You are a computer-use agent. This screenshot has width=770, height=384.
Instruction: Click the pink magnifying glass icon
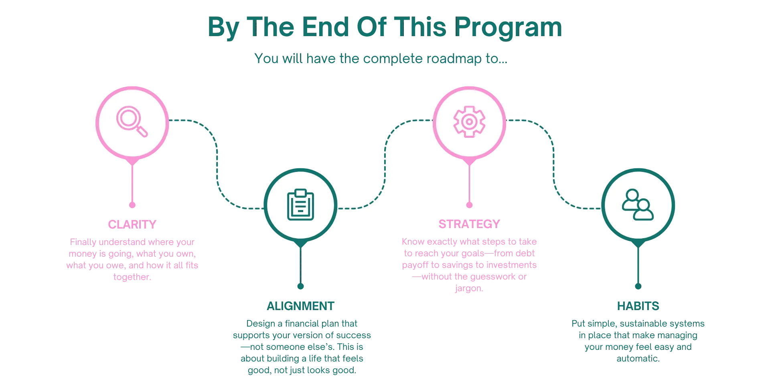(132, 121)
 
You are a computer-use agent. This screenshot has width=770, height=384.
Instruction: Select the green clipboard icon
(300, 205)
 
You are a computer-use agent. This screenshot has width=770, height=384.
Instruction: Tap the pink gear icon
(469, 121)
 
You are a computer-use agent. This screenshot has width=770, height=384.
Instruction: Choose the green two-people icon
(638, 205)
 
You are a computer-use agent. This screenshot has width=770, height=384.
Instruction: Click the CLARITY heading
(132, 225)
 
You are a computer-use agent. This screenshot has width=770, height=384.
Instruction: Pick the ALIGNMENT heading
(301, 306)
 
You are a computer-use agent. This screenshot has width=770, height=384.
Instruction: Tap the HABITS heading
(638, 306)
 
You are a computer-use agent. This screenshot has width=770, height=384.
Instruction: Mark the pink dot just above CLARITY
(133, 205)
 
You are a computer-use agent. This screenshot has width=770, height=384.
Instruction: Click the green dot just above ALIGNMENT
(300, 286)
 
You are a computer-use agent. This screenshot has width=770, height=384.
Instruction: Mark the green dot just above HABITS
(638, 287)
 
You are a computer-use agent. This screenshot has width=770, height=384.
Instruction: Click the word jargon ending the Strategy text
(468, 289)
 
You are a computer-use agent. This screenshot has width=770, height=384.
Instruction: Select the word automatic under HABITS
(637, 359)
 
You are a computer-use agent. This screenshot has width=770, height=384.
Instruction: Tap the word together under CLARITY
(132, 277)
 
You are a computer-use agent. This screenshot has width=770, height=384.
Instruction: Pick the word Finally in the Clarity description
(83, 243)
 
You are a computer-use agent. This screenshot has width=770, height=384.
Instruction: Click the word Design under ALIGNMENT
(259, 324)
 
